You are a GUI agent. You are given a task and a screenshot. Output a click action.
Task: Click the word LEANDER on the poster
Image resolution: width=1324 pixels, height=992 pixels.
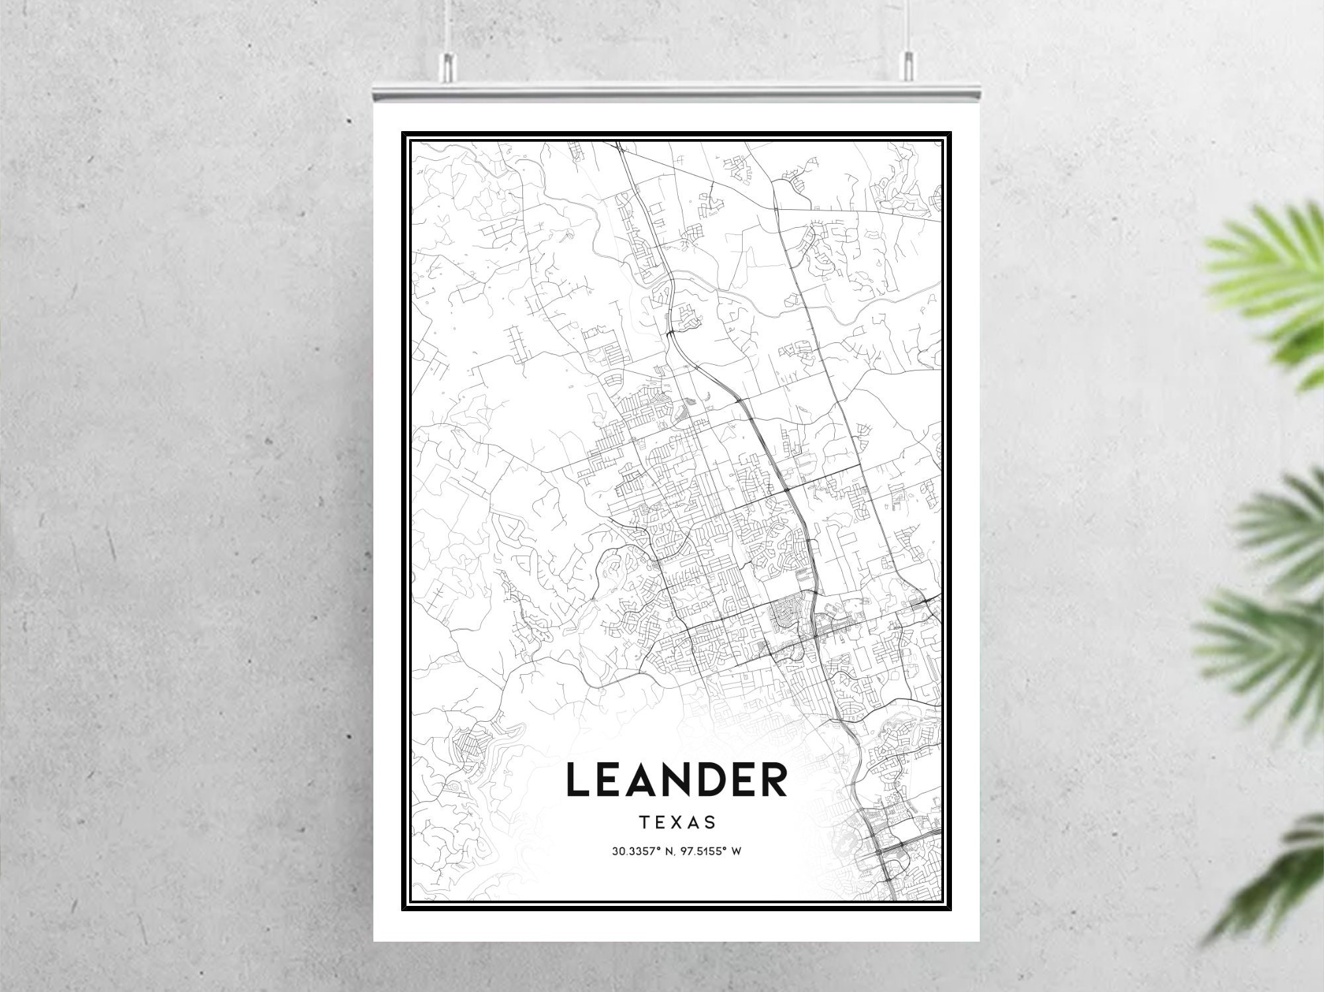coord(677,780)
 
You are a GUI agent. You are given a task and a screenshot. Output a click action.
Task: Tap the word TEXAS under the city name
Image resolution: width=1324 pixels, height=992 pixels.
coord(677,822)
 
